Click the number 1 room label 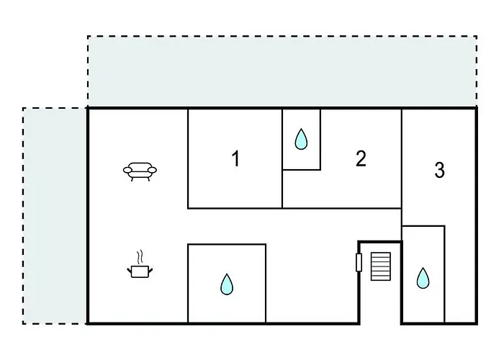click(x=236, y=158)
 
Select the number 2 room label click(x=361, y=158)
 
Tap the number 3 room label click(x=440, y=170)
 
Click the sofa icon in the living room click(x=140, y=171)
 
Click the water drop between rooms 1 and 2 click(x=301, y=139)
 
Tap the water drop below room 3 click(x=423, y=278)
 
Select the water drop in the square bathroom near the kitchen click(x=227, y=284)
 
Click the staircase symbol click(x=381, y=266)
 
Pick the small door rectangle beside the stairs click(x=359, y=263)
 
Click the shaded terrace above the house click(x=282, y=71)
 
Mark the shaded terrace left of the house click(x=55, y=216)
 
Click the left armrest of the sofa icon click(x=127, y=170)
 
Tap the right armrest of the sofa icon click(x=153, y=170)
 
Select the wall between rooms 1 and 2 click(x=282, y=159)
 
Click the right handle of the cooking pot click(x=150, y=270)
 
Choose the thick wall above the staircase click(x=380, y=241)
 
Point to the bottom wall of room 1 click(x=235, y=209)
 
